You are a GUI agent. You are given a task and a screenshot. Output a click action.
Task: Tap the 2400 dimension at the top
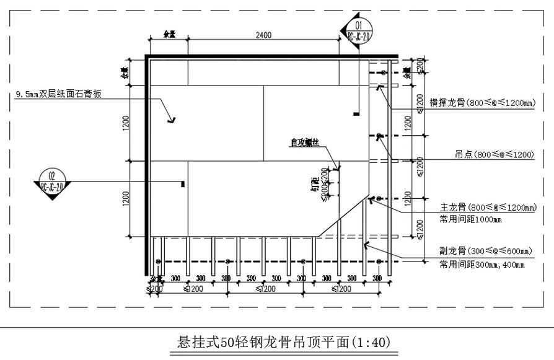[x=263, y=35]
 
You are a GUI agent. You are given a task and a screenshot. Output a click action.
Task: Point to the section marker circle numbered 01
[x=357, y=26]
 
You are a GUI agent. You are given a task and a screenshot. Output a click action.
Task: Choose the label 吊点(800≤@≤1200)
[x=495, y=155]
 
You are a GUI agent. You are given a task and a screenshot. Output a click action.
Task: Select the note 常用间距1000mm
[x=470, y=219]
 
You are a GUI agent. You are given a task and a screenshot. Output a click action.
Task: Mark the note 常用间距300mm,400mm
[x=481, y=265]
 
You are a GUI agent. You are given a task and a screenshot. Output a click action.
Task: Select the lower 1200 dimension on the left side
[x=125, y=198]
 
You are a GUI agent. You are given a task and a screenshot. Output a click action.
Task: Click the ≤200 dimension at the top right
[x=421, y=67]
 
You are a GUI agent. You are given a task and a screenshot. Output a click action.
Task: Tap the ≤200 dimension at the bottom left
[x=155, y=289]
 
